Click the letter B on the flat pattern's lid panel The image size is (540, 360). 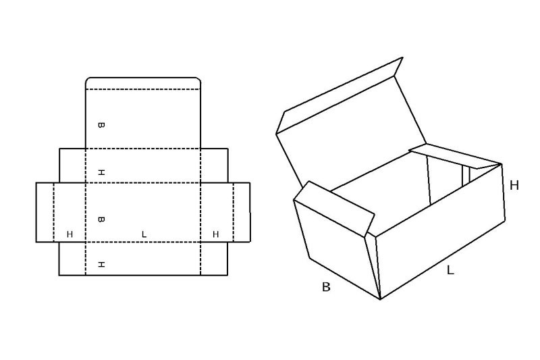pos(101,125)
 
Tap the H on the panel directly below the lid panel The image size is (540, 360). pos(101,172)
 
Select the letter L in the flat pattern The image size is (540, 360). pos(144,234)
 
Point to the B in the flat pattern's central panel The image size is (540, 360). pos(101,219)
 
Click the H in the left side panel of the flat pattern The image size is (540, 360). pos(70,234)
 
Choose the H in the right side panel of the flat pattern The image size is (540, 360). pos(215,234)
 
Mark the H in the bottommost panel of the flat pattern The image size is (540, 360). pos(101,265)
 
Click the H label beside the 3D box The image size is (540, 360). pos(514,186)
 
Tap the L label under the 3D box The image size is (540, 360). pos(450,270)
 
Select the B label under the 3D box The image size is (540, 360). pos(326,286)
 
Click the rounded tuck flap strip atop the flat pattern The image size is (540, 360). pos(143,83)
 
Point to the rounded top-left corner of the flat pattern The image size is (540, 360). pos(88,80)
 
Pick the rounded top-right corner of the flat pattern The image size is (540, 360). pos(198,80)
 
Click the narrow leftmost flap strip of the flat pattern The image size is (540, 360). pos(45,212)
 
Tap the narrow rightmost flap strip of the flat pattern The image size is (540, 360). pos(242,212)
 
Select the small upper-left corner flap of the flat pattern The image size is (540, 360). pos(72,165)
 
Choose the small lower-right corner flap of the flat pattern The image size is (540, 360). pos(214,259)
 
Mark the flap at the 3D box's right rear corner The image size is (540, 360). pos(455,157)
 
